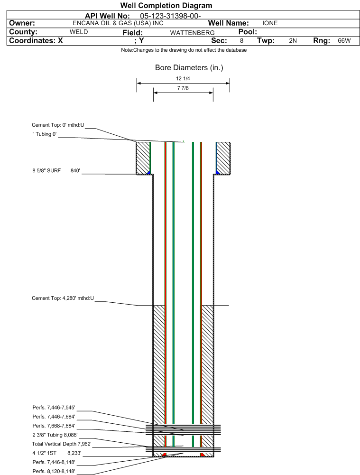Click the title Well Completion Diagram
point(166,5)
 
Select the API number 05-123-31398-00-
point(170,16)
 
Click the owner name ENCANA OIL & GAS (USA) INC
point(118,23)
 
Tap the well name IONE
point(270,23)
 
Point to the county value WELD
point(79,32)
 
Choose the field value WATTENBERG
point(192,33)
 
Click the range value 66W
point(344,41)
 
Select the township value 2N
point(293,41)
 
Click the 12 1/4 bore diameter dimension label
point(183,78)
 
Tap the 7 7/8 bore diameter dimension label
point(183,88)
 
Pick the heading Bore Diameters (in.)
point(189,67)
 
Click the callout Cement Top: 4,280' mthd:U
point(63,298)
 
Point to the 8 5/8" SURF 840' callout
point(56,170)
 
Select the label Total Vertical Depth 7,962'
point(62,444)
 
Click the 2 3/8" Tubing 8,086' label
point(55,435)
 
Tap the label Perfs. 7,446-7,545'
point(54,408)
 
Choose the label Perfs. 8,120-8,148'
point(54,471)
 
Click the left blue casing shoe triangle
point(148,173)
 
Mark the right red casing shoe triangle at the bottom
point(202,455)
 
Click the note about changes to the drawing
point(184,50)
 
